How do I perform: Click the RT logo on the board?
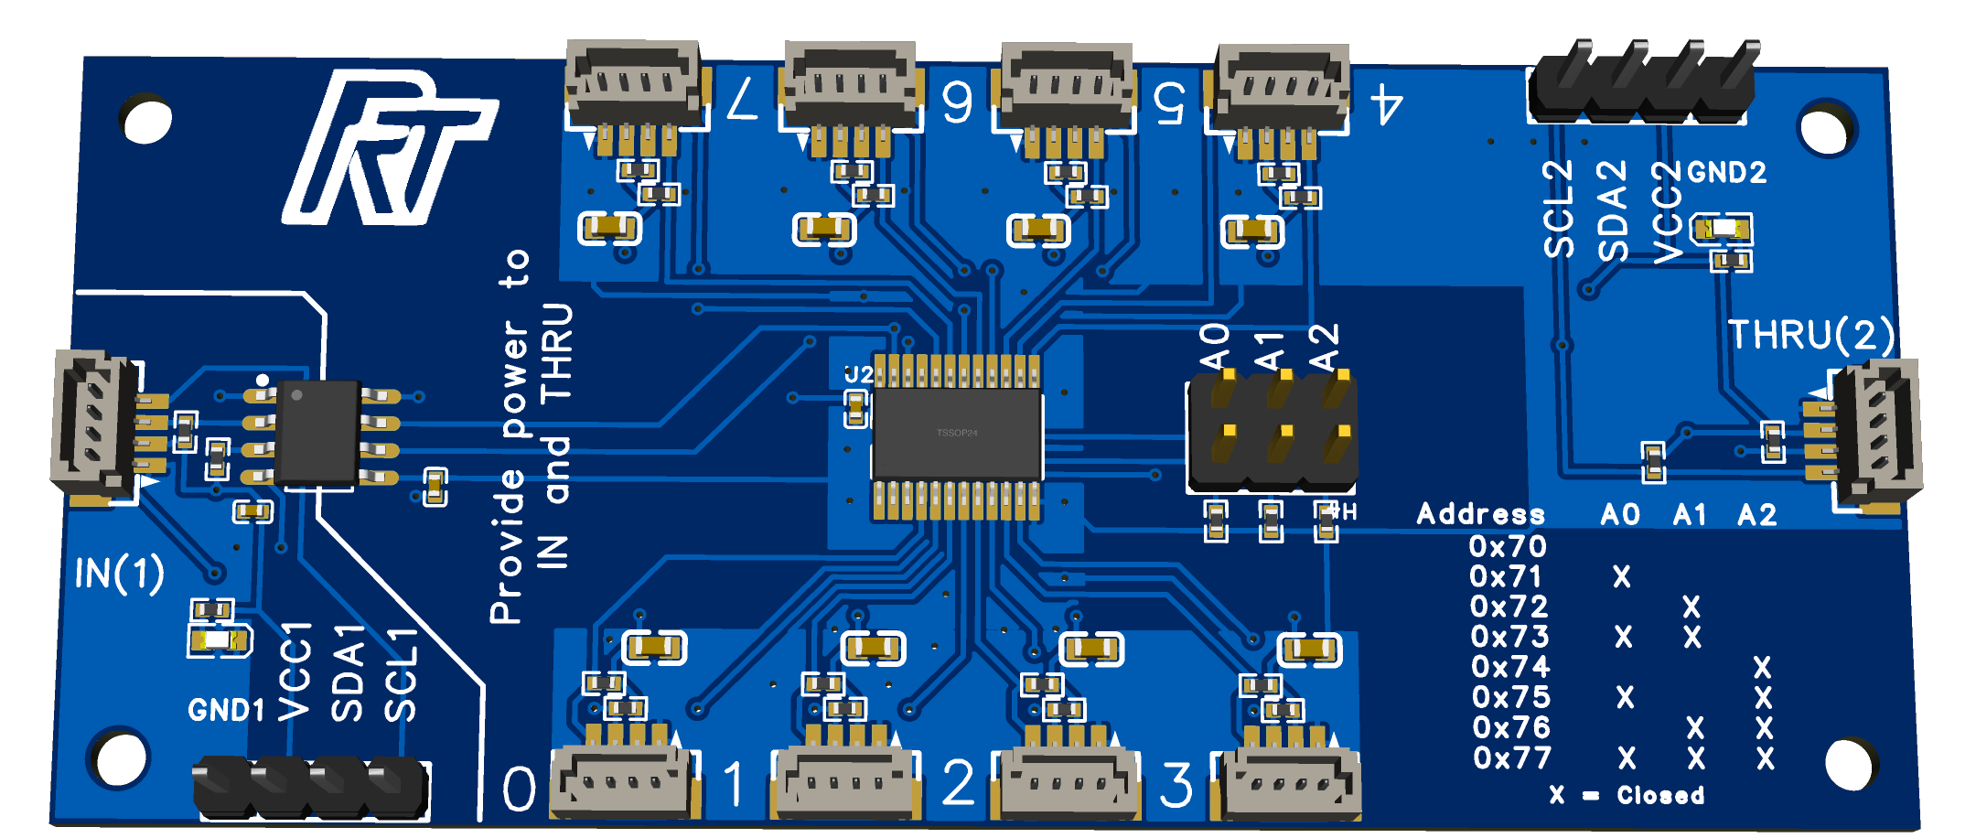click(x=389, y=151)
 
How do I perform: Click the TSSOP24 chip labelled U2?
click(x=957, y=435)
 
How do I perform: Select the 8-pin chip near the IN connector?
click(x=317, y=433)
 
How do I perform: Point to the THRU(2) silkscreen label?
click(x=1810, y=335)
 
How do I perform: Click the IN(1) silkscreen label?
click(x=119, y=574)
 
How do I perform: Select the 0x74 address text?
click(x=1510, y=667)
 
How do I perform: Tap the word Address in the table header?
click(x=1480, y=514)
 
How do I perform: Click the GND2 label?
click(x=1726, y=172)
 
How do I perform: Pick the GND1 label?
click(x=226, y=710)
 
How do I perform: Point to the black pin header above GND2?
click(x=1642, y=87)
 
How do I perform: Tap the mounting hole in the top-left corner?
click(x=145, y=118)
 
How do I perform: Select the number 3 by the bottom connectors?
click(x=1176, y=785)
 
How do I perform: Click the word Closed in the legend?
click(x=1659, y=795)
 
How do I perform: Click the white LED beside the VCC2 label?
click(x=1723, y=228)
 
